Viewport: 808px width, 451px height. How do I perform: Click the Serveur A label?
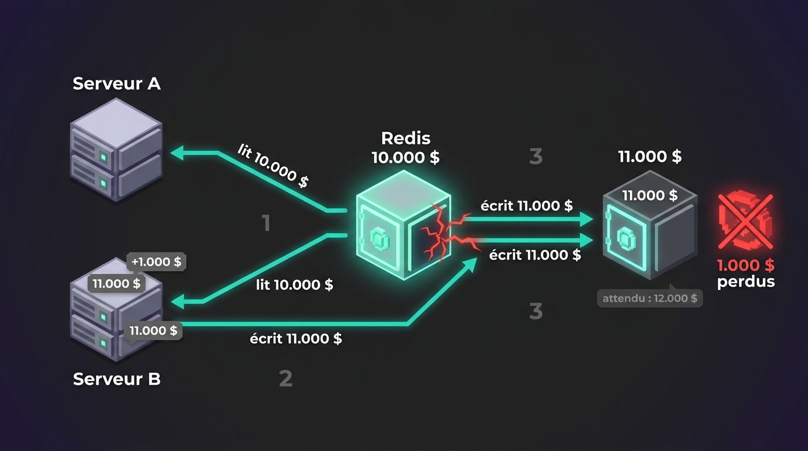click(x=116, y=83)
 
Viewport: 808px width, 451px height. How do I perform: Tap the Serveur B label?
click(x=116, y=379)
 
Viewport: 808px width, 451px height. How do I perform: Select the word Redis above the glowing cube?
click(x=406, y=138)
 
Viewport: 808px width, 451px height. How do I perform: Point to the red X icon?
click(x=746, y=221)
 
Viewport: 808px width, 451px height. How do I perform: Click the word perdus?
click(x=746, y=282)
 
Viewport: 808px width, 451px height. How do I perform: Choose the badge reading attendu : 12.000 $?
click(x=649, y=298)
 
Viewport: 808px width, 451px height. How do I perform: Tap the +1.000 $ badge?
click(x=156, y=261)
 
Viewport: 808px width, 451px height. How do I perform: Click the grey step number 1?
click(x=266, y=223)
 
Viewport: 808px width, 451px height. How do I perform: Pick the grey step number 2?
click(x=286, y=378)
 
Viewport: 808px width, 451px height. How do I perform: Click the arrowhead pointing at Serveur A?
click(x=177, y=153)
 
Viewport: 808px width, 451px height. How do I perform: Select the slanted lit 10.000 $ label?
click(x=273, y=166)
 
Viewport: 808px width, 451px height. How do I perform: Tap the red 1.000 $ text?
click(x=746, y=265)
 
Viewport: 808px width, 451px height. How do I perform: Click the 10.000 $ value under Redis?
click(x=406, y=157)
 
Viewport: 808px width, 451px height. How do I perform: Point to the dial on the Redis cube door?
click(x=380, y=238)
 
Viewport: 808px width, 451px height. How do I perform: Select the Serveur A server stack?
click(x=116, y=149)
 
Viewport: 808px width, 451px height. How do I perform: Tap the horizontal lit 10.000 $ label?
click(x=294, y=285)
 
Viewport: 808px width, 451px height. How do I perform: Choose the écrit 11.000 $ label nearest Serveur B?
click(x=296, y=338)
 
